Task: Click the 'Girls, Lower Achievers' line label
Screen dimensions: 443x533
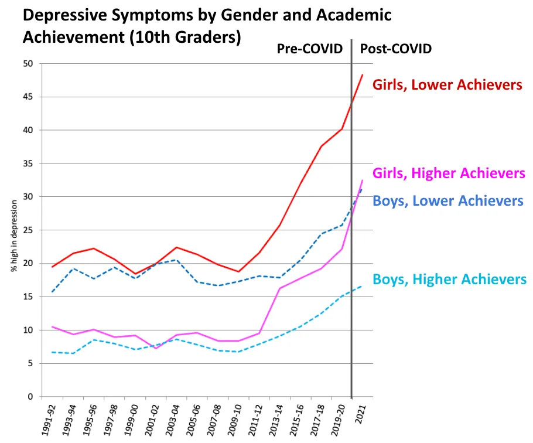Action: [447, 85]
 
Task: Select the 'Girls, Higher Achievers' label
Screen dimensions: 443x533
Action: [449, 173]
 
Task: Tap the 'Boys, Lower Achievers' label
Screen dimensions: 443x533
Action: [447, 201]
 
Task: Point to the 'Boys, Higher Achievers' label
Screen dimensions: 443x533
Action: [449, 280]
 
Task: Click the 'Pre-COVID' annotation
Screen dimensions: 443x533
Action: [309, 49]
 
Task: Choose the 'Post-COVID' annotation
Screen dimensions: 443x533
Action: [395, 49]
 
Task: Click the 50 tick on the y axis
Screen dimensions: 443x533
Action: [29, 63]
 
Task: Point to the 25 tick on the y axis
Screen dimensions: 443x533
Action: [29, 230]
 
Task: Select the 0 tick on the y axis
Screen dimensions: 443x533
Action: [31, 397]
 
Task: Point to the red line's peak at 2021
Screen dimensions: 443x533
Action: [363, 74]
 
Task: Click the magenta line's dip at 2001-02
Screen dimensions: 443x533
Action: [156, 349]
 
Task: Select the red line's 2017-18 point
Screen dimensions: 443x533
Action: [320, 146]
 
